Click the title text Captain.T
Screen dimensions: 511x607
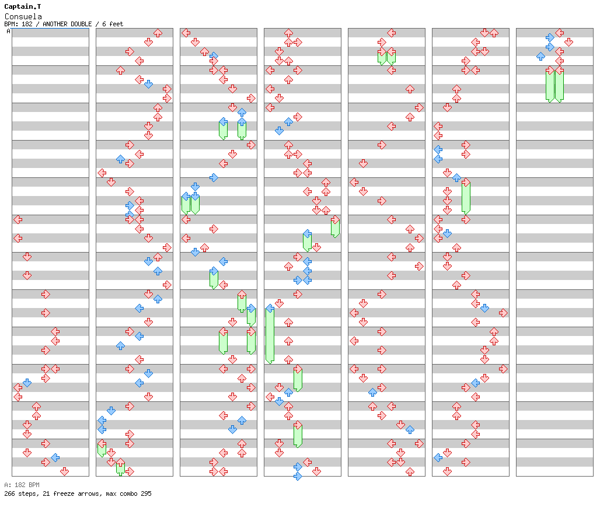[23, 6]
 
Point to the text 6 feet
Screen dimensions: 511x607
[113, 24]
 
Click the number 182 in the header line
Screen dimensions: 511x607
[27, 24]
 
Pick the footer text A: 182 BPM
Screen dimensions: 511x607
[22, 485]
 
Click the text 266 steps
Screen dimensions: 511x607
[18, 494]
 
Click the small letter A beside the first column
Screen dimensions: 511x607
[9, 32]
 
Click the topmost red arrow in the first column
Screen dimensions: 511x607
[18, 219]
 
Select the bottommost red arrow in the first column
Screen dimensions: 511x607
[64, 471]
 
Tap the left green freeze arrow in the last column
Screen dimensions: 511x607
[550, 85]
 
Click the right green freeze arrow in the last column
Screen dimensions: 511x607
[559, 85]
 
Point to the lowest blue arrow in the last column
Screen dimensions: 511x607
[540, 56]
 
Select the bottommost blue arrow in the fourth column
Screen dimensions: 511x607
[298, 476]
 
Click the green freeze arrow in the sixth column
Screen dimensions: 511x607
[466, 197]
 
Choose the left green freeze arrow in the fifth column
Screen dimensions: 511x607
[382, 56]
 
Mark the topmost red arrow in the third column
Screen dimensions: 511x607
[186, 33]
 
